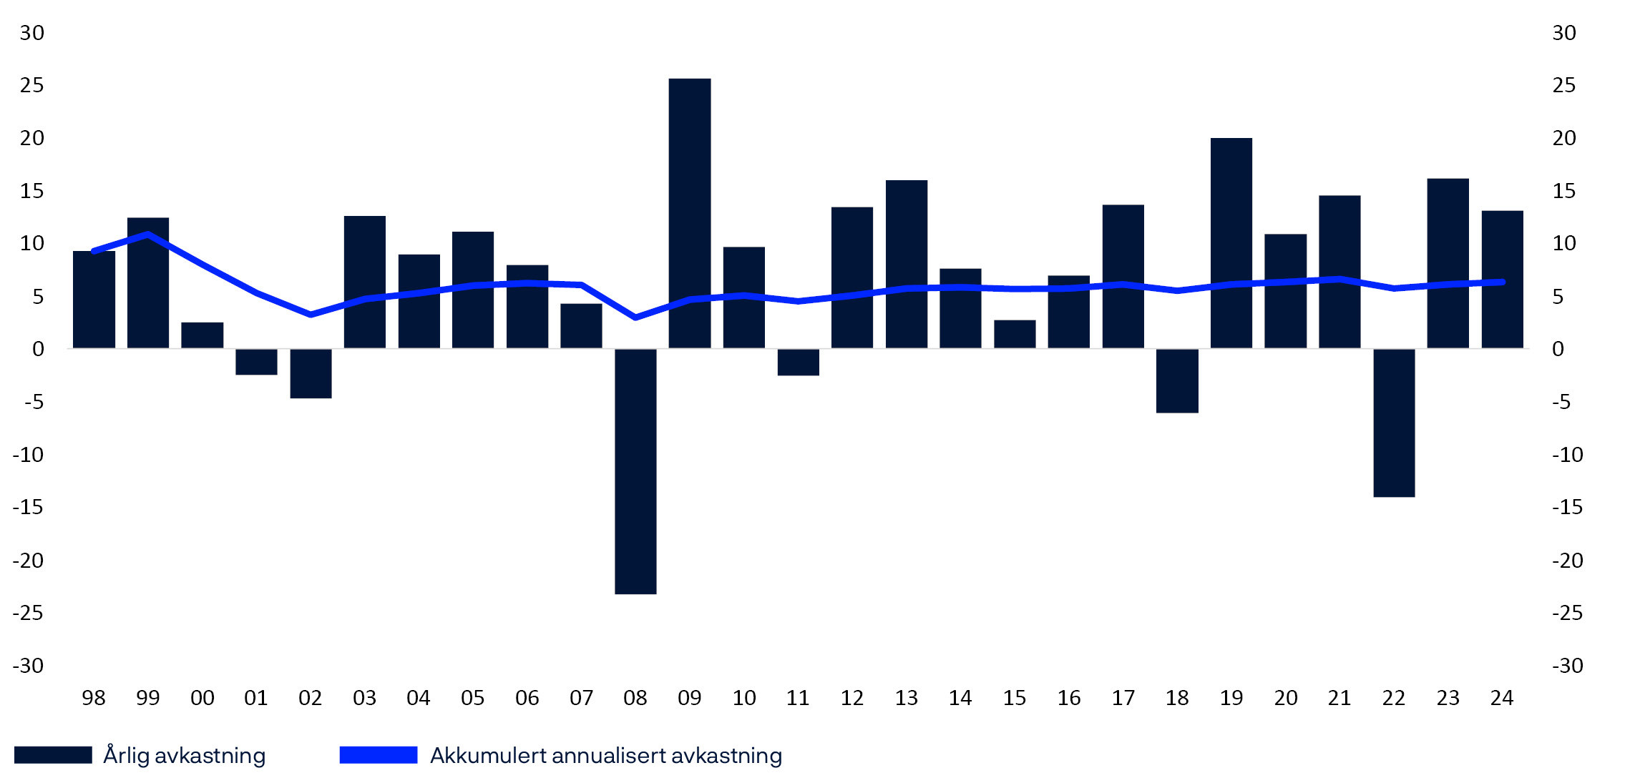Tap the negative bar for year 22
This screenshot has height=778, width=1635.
coord(1394,422)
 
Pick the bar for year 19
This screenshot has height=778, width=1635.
coord(1231,243)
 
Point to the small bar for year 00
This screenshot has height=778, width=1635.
coord(202,335)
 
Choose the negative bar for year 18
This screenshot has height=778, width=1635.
coord(1177,380)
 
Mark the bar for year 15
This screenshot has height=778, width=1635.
coord(1015,334)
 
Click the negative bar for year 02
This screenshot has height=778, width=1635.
coord(311,373)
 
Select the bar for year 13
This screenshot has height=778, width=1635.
coord(906,264)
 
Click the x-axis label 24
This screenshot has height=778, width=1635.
coord(1502,698)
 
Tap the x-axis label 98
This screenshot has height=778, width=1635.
coord(94,698)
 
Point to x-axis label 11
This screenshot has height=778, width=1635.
coord(798,698)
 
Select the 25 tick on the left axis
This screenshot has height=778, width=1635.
coord(32,86)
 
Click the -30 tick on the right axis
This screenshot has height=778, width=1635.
coord(1567,666)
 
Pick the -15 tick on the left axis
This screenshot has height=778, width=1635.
coord(29,508)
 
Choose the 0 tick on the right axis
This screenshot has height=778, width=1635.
coord(1558,350)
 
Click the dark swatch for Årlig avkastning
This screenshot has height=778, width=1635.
coord(53,755)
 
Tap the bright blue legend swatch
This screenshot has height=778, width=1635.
coord(378,755)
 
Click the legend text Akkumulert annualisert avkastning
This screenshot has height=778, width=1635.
coord(605,755)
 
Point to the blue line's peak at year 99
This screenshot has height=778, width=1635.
coord(147,234)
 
